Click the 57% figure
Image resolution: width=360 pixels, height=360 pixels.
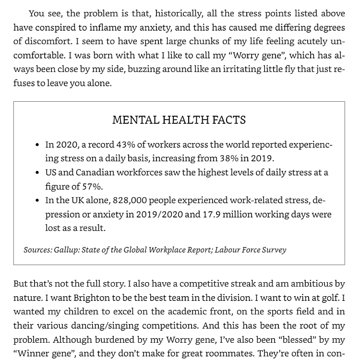click(92, 186)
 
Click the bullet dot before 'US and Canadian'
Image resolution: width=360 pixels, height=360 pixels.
click(37, 172)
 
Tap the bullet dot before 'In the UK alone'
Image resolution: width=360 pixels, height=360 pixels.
click(37, 200)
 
